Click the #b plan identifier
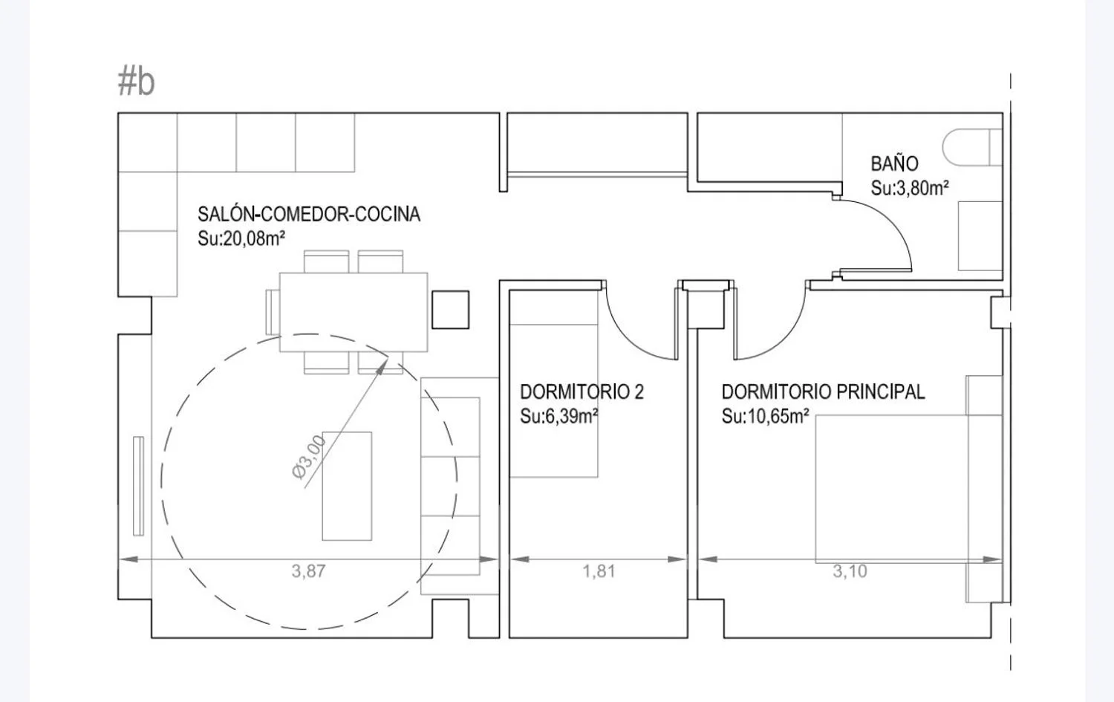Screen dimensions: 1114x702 click(x=136, y=82)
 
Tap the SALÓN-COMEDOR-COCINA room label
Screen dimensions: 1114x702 click(x=309, y=214)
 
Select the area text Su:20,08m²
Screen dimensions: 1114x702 click(x=241, y=238)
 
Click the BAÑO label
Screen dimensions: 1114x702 click(x=894, y=163)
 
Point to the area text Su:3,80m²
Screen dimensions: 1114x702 click(x=910, y=188)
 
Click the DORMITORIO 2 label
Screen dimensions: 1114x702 click(x=582, y=392)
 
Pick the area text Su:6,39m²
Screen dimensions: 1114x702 click(x=559, y=416)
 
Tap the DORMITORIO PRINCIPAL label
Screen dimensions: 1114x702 click(x=823, y=392)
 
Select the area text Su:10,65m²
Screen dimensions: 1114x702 click(x=765, y=416)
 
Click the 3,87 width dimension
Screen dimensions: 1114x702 click(x=308, y=571)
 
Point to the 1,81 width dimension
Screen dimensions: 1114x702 click(x=599, y=571)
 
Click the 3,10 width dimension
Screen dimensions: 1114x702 click(x=850, y=571)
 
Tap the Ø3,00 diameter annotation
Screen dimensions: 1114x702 click(x=308, y=457)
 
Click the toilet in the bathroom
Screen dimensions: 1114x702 click(x=971, y=147)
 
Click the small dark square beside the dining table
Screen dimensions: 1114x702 click(x=450, y=310)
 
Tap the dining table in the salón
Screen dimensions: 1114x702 click(x=353, y=312)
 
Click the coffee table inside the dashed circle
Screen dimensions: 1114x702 click(x=347, y=486)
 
